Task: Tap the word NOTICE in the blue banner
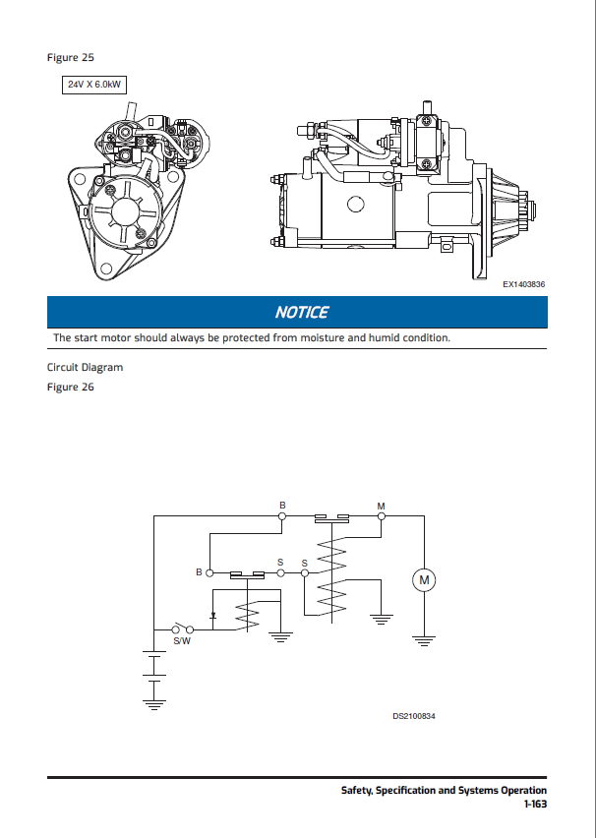pyautogui.click(x=302, y=313)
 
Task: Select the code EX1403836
pyautogui.click(x=523, y=284)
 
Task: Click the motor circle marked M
pyautogui.click(x=424, y=581)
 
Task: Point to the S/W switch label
pyautogui.click(x=182, y=640)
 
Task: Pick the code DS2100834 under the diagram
pyautogui.click(x=414, y=715)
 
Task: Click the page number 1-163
pyautogui.click(x=535, y=804)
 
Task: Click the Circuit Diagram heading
pyautogui.click(x=86, y=368)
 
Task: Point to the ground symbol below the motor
pyautogui.click(x=424, y=641)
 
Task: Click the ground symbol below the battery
pyautogui.click(x=152, y=703)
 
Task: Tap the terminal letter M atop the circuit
pyautogui.click(x=382, y=507)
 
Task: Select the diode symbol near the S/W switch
pyautogui.click(x=213, y=618)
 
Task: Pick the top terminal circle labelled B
pyautogui.click(x=283, y=515)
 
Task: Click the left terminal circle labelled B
pyautogui.click(x=210, y=573)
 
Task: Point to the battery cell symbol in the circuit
pyautogui.click(x=152, y=664)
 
